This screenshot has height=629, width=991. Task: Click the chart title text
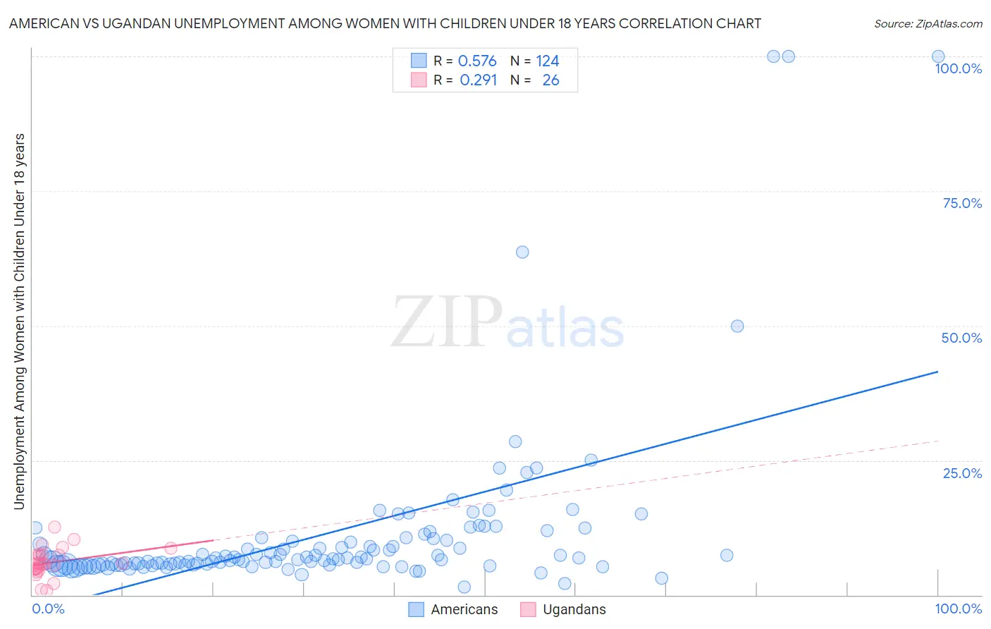[x=385, y=23]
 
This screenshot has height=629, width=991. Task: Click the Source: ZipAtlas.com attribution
[x=928, y=23]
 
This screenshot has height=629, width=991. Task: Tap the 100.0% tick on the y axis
[x=958, y=68]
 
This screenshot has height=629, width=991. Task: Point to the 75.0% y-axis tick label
[x=962, y=203]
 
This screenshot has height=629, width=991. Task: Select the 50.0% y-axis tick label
[x=961, y=338]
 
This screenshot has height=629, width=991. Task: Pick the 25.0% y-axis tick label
[x=962, y=473]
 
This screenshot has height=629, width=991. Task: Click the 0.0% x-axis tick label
[x=49, y=609]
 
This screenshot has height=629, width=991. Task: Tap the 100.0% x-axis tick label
[x=958, y=609]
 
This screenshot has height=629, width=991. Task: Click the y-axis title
[x=19, y=321]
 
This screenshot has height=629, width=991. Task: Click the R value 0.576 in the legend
[x=477, y=61]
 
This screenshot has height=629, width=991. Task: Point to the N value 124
[x=548, y=61]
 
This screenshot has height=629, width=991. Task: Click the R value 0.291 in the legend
[x=478, y=80]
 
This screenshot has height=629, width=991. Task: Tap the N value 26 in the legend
[x=550, y=80]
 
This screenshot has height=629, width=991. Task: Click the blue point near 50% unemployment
[x=737, y=326]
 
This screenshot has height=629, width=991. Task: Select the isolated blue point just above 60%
[x=522, y=252]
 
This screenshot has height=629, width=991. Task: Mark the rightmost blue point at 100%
[x=938, y=56]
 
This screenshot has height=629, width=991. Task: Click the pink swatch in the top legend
[x=419, y=80]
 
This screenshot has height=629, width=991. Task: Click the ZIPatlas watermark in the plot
[x=507, y=323]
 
